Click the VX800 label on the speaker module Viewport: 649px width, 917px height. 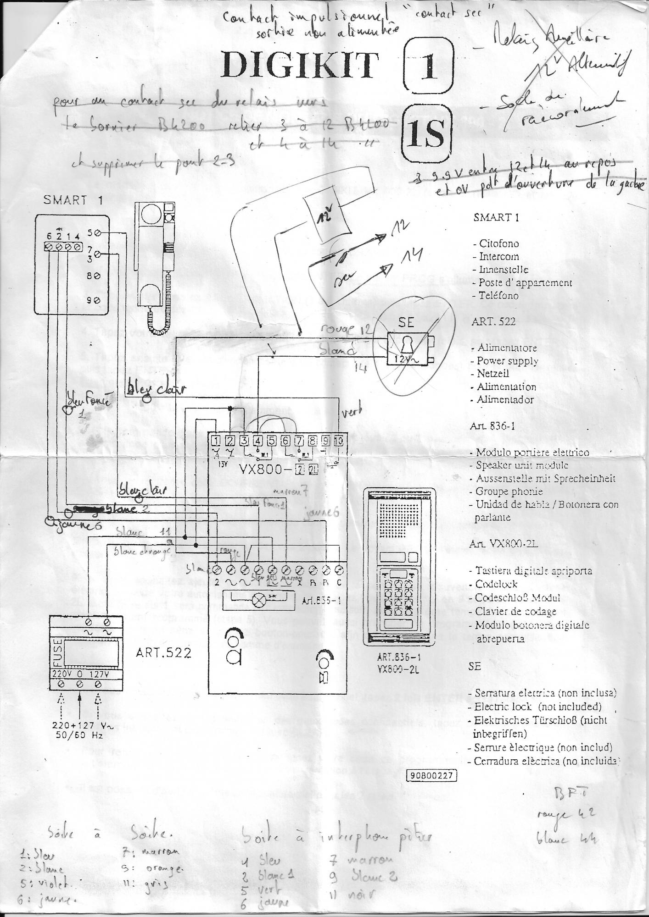(x=261, y=470)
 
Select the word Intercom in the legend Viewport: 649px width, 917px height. (x=498, y=257)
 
